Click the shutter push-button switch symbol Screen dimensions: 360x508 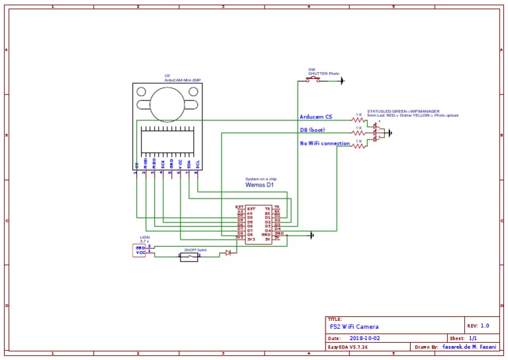313,80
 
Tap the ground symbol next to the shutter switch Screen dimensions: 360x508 341,81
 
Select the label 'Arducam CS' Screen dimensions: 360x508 316,117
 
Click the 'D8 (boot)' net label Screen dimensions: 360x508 317,130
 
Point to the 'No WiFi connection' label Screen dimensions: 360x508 325,143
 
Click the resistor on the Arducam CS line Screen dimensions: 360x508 359,120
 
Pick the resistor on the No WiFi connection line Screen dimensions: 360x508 359,146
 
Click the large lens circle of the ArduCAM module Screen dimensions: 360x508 167,102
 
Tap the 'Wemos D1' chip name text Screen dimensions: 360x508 259,185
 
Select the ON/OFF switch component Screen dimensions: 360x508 189,257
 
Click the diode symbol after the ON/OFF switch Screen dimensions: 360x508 228,253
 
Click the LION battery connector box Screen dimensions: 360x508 140,250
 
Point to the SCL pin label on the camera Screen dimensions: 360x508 197,163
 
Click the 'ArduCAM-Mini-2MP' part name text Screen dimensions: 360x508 183,80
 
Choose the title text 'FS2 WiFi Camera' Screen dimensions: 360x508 355,327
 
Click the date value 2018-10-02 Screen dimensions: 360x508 365,338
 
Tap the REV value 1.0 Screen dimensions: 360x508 485,326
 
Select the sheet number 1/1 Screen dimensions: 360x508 473,338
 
